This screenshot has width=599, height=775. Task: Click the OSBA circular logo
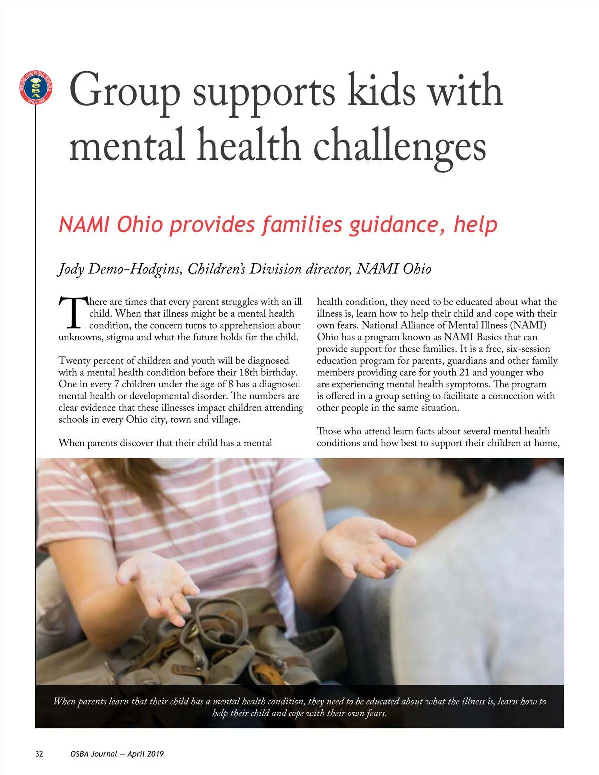[x=36, y=88]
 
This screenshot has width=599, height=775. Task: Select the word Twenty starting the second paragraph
[x=76, y=360]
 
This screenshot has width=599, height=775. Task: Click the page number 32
[x=39, y=754]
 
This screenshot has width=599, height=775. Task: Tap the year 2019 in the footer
[x=155, y=754]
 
